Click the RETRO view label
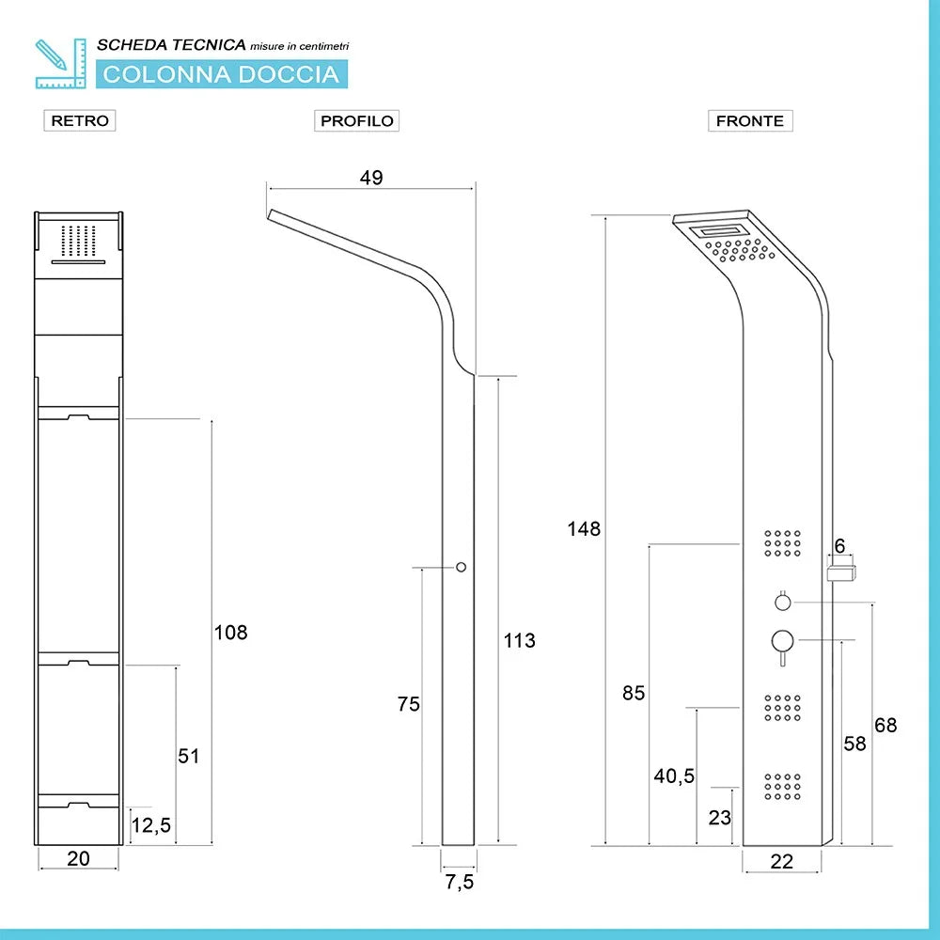point(80,120)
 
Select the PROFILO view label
point(356,120)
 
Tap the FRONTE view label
point(750,120)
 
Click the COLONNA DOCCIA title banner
point(222,74)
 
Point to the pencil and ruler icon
point(60,64)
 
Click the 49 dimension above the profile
point(371,178)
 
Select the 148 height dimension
point(584,528)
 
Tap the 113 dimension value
point(519,640)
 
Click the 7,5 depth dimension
point(460,882)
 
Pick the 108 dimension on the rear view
point(231,633)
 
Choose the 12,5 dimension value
point(151,825)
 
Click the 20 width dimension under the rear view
point(79,858)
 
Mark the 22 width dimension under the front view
point(782,861)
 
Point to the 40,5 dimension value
point(674,775)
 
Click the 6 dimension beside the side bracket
point(839,545)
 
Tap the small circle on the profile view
point(461,567)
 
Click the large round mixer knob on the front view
point(782,641)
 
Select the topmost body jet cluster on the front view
point(782,543)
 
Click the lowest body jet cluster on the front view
point(782,787)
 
